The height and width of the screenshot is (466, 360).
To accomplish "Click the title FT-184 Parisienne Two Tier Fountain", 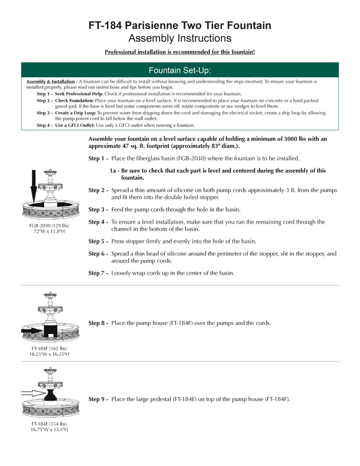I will [x=180, y=26].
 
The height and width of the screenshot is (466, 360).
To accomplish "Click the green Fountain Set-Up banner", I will [x=180, y=70].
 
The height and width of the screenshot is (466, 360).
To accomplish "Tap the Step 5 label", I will [x=98, y=241].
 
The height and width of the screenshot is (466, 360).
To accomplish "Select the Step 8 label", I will [x=98, y=323].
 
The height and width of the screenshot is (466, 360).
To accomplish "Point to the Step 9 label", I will [x=98, y=399].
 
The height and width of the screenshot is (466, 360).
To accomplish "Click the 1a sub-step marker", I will [x=114, y=171].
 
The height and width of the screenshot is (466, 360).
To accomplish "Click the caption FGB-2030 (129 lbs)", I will [x=49, y=225].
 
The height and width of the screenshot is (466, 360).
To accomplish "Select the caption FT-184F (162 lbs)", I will [x=49, y=348].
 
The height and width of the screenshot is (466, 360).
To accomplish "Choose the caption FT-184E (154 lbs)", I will [x=49, y=424].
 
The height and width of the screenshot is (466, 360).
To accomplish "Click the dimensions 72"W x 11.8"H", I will [x=49, y=231].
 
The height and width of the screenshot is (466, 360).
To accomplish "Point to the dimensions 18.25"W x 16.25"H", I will [x=49, y=354].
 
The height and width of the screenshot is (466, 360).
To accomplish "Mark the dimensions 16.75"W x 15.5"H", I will [x=49, y=430].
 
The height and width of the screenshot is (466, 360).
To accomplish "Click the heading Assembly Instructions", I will [x=180, y=38].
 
